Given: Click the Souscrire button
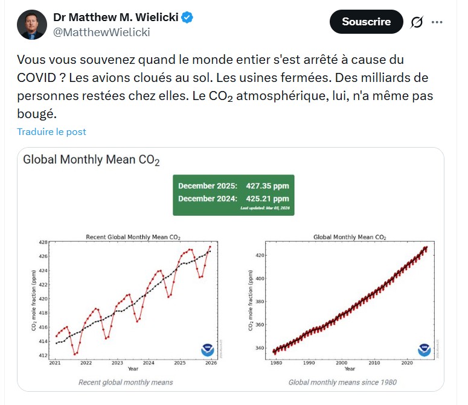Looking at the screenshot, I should [x=366, y=22].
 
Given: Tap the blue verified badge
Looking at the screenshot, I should [x=188, y=17].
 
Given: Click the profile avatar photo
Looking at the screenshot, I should [x=31, y=25].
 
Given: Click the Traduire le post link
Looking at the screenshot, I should [x=51, y=131].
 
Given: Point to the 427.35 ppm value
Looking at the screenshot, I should [x=268, y=186].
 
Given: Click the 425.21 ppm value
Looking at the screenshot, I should [x=268, y=198].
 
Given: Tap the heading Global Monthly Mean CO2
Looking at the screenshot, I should [x=91, y=160].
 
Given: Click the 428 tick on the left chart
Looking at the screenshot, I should [x=42, y=242].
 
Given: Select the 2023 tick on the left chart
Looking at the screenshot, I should [x=117, y=363].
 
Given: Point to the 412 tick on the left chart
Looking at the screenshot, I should [x=42, y=356].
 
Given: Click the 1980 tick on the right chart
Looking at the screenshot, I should [x=275, y=363].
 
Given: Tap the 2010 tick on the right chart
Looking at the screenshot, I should [x=374, y=363].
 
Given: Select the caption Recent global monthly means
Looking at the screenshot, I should [x=126, y=382].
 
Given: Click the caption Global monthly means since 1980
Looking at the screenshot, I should [x=342, y=382].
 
